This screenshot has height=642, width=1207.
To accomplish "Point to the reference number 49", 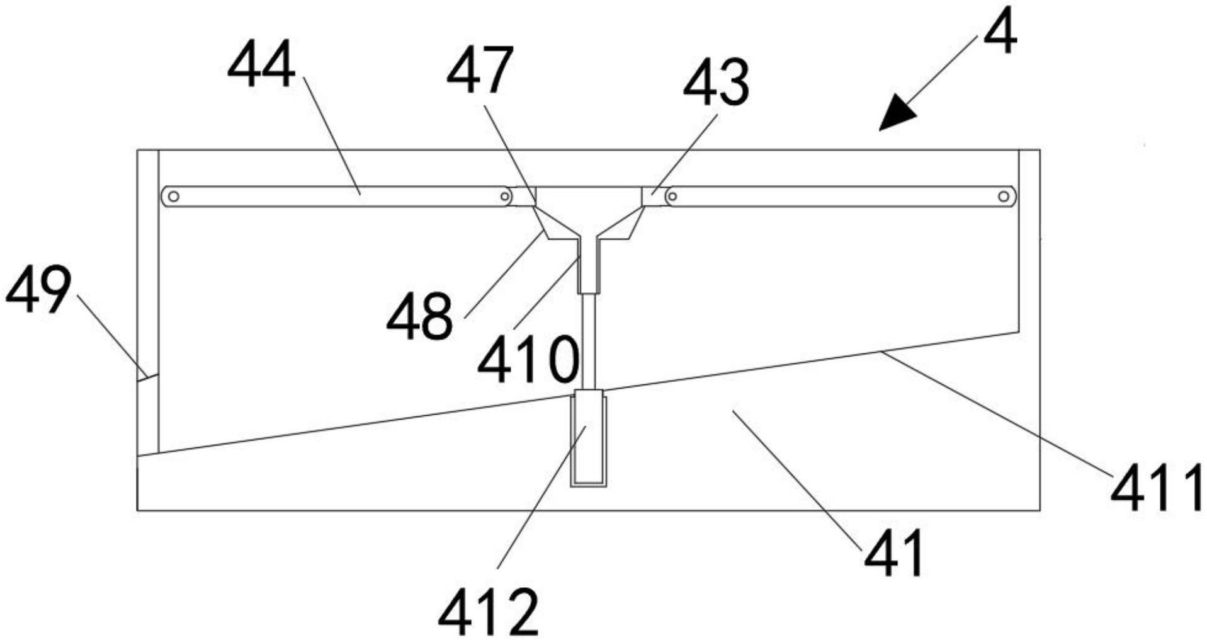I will (38, 290).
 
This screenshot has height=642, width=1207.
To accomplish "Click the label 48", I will (419, 315).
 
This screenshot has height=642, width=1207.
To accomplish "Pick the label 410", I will (528, 359).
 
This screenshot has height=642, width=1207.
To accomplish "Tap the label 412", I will (489, 612).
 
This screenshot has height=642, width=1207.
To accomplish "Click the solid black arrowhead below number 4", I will (897, 117).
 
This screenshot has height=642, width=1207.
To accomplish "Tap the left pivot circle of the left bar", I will (174, 197).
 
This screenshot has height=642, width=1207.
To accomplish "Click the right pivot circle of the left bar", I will (504, 197).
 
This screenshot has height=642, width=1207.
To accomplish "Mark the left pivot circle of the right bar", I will (672, 197).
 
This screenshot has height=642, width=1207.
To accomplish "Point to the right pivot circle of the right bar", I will (1003, 197).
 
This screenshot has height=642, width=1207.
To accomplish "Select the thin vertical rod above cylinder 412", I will (589, 341).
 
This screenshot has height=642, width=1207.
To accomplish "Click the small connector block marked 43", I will (652, 197).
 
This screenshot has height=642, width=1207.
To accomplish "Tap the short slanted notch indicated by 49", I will (147, 377).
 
